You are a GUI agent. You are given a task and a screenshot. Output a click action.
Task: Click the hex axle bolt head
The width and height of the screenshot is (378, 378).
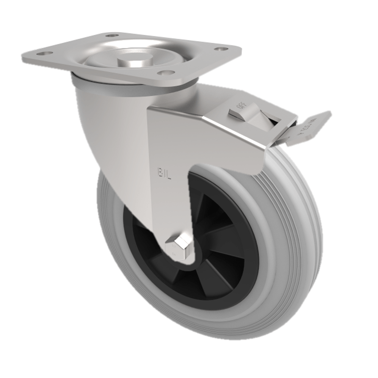pyautogui.click(x=179, y=244)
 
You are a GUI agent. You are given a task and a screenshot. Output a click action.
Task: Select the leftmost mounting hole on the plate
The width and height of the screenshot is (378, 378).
pyautogui.click(x=43, y=54)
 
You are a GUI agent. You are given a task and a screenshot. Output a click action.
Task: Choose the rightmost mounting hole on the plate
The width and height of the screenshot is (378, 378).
pyautogui.click(x=220, y=49)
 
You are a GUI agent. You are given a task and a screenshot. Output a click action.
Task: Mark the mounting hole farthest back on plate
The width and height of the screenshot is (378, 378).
pyautogui.click(x=112, y=35)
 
